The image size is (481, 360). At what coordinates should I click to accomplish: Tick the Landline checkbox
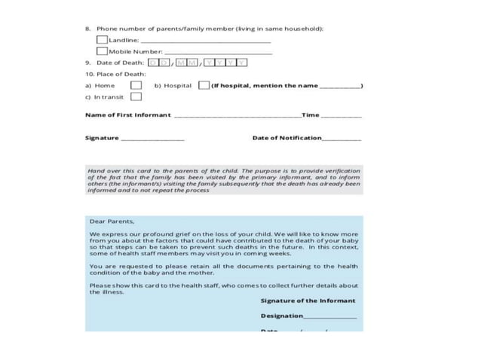click(102, 39)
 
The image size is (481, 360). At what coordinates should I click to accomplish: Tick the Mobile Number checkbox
click(102, 50)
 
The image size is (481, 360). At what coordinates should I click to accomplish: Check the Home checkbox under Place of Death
click(136, 86)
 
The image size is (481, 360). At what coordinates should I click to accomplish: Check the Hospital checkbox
click(204, 86)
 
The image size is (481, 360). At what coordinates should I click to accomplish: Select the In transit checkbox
click(136, 97)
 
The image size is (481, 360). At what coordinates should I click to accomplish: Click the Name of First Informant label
click(127, 115)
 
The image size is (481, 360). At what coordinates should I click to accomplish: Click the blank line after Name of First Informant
click(237, 117)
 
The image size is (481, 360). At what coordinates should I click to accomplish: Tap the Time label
click(311, 115)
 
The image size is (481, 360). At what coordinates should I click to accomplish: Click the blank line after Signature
click(152, 139)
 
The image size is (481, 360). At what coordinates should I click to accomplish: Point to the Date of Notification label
click(286, 138)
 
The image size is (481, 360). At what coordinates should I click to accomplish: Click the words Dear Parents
click(112, 221)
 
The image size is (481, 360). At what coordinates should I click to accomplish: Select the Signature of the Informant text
click(308, 301)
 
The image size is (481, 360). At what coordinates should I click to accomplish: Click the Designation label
click(282, 316)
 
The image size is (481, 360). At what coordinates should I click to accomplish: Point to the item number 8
click(87, 29)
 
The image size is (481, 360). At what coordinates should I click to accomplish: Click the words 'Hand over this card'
click(113, 171)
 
